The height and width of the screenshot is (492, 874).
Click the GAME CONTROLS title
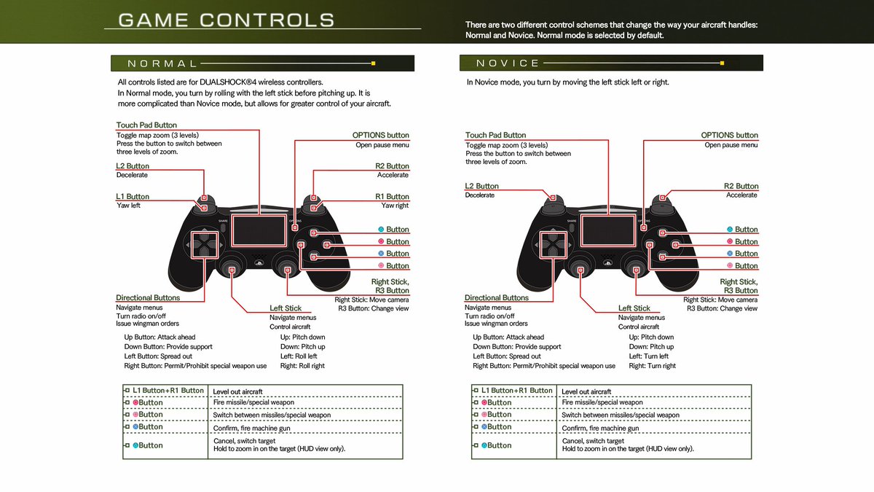[x=227, y=20]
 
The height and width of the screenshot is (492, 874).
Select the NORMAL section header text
[x=162, y=63]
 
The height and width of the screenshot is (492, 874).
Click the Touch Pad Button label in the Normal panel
[x=146, y=125]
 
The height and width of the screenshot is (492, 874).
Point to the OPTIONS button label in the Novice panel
[x=729, y=135]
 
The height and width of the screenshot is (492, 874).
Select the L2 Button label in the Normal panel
[x=133, y=166]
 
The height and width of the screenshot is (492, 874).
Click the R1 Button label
[x=392, y=197]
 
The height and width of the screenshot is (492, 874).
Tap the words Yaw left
[x=128, y=206]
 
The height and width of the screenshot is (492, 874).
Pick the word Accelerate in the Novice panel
[x=741, y=195]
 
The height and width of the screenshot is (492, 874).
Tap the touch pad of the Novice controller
[x=607, y=233]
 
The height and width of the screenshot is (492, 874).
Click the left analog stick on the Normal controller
[x=232, y=268]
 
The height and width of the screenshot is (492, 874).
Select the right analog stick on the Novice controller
[x=637, y=268]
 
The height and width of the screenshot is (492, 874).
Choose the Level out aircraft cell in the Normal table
[x=237, y=391]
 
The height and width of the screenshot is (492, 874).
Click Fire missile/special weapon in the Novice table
[x=602, y=402]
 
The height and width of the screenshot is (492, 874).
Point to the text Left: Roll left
[x=299, y=356]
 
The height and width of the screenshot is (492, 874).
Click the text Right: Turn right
[x=652, y=366]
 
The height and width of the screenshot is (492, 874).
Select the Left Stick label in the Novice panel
[x=634, y=308]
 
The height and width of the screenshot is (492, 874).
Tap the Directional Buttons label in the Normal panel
[x=148, y=297]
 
